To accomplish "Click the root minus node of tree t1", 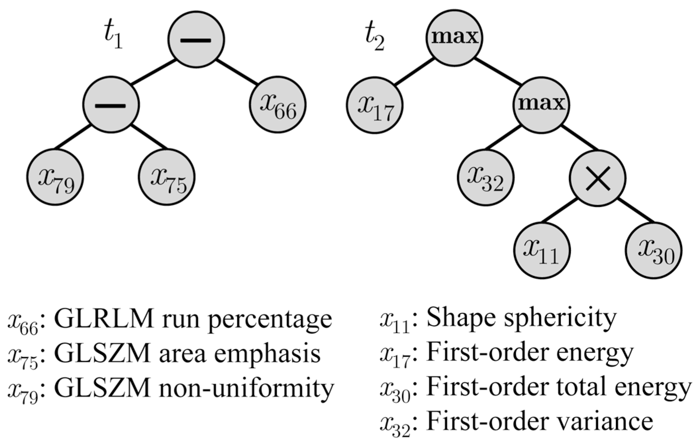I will pos(196,39).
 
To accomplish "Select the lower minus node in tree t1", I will pos(111,105).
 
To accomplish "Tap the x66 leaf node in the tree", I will pos(277,105).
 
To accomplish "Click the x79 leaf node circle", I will pos(55,177).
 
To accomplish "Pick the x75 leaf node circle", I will pos(166,177).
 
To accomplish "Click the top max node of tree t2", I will pos(454,38).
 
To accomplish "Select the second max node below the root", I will pos(541,105).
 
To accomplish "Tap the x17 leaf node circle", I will pos(375,105).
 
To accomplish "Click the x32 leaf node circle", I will pos(486,177).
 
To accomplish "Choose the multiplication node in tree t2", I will pos(597,178).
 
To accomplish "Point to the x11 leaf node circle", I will pos(542,250).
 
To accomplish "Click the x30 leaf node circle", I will pos(653,250).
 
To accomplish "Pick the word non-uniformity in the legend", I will pos(247,388).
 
